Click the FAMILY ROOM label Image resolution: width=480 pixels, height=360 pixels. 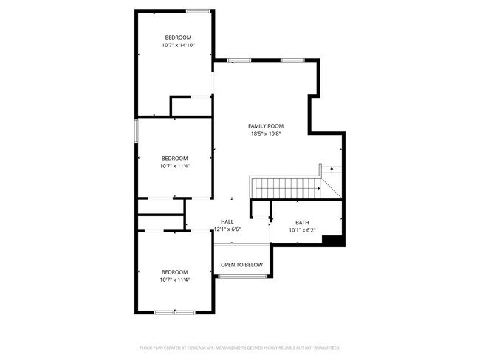click(x=266, y=126)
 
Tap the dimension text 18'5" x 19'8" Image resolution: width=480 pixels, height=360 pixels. click(x=266, y=134)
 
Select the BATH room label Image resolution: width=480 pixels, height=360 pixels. click(x=302, y=222)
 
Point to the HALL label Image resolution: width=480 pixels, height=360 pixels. click(x=227, y=221)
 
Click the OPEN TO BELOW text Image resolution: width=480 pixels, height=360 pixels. click(x=242, y=264)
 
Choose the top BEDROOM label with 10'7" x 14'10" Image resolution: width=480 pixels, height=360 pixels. click(x=178, y=38)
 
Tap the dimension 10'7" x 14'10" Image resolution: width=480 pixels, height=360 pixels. click(x=178, y=45)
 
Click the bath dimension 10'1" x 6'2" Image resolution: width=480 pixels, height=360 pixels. click(x=302, y=230)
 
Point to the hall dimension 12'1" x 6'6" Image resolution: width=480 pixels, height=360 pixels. click(x=227, y=229)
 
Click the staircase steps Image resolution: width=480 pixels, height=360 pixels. click(x=284, y=187)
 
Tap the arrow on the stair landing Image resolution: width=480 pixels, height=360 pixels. click(x=332, y=170)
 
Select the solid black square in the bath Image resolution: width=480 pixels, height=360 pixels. click(x=334, y=240)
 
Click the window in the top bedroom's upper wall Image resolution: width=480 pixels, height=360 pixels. click(x=197, y=10)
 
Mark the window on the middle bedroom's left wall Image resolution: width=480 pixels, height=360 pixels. click(x=136, y=131)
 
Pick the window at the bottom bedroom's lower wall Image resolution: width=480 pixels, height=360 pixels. click(x=174, y=313)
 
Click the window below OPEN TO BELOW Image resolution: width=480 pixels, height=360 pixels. click(x=242, y=277)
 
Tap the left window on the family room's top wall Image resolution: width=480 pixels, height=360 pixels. click(x=239, y=60)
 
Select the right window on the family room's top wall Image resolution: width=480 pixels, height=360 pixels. click(x=292, y=60)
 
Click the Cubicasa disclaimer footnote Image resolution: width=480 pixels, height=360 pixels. click(x=240, y=347)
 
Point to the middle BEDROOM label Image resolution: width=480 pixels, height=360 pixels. click(x=175, y=158)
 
